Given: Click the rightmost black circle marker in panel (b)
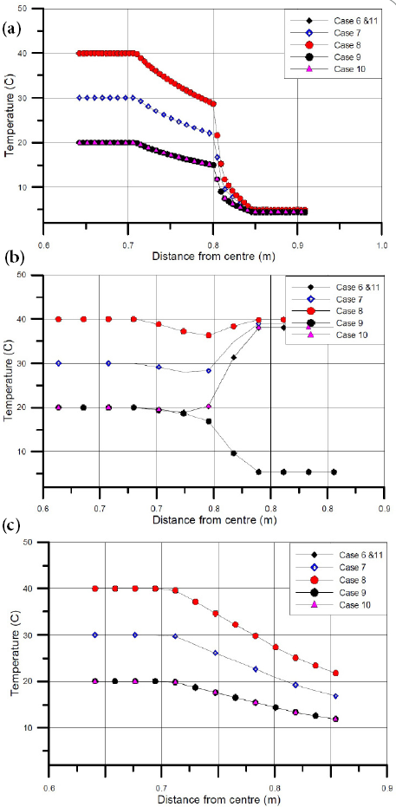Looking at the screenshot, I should coord(334,472).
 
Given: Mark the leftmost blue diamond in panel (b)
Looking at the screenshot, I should coord(59,363).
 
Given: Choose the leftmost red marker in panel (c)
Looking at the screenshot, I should coord(95,589).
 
